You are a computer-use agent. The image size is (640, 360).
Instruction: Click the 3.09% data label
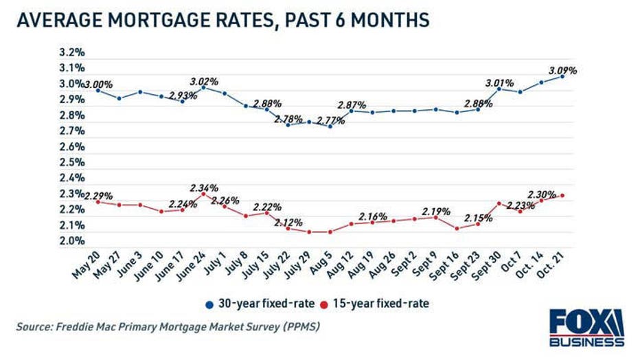point(563,70)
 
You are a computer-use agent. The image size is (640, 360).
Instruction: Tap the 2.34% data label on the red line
point(204,188)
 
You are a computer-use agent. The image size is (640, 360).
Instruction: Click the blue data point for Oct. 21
point(562,76)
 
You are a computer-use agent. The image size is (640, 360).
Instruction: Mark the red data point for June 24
point(203,194)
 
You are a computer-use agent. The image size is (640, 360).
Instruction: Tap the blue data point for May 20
point(98,90)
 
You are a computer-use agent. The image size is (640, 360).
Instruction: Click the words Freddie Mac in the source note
point(85,326)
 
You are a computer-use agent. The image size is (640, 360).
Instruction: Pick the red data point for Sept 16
point(457,228)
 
